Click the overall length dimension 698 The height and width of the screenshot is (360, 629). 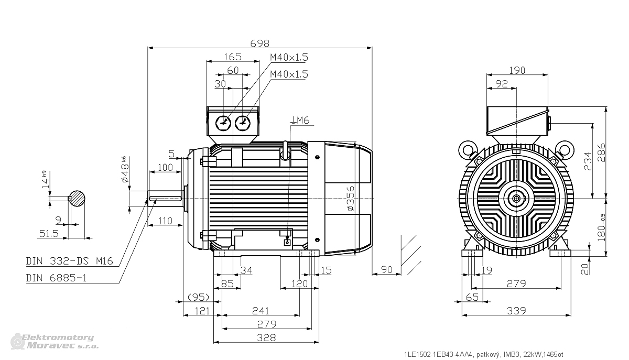pos(260,43)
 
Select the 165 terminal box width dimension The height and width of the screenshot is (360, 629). pos(233,57)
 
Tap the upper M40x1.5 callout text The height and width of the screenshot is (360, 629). pos(289,57)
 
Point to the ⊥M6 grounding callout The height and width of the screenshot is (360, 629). pos(300,120)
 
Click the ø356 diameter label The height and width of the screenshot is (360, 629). pos(351,198)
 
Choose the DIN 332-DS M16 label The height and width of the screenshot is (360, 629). pos(70,261)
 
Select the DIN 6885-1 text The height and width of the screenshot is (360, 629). pos(57,278)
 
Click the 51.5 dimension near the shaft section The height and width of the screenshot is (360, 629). pos(49,233)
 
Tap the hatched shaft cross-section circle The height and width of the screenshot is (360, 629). pos(77,199)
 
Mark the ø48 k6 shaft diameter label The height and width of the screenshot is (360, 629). pos(125,169)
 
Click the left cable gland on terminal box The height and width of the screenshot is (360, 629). pos(223,123)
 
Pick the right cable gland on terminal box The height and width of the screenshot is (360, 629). pos(242,123)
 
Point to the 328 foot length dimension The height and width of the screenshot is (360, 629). pos(266,337)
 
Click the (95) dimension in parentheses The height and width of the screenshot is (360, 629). pos(198,297)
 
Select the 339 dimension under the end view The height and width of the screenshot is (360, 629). pos(516,311)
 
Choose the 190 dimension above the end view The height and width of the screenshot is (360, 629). pos(517,70)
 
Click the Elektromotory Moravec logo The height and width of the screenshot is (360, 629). pos(55,341)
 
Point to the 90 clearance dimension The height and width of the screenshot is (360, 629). pos(386,269)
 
